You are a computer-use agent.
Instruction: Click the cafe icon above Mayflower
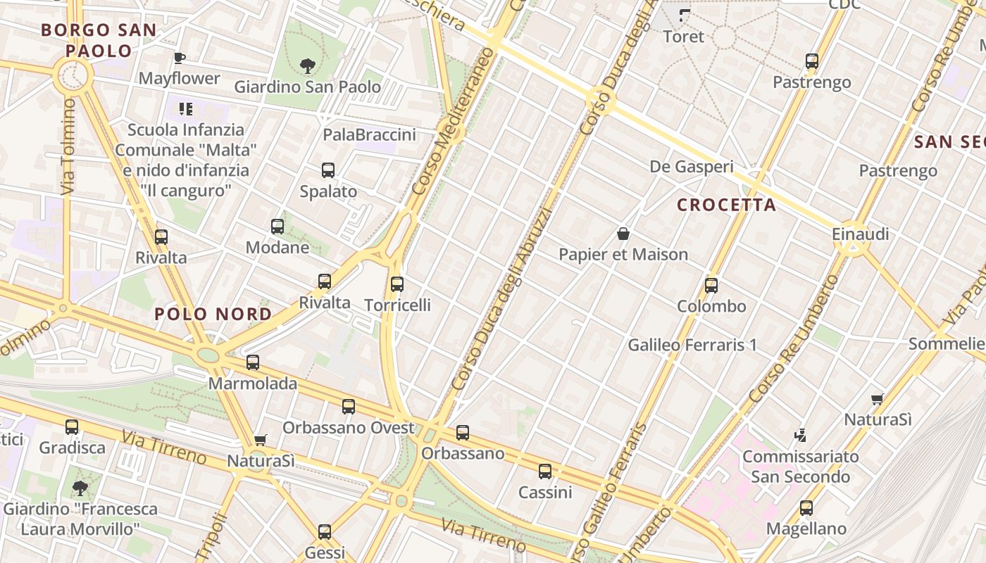pyautogui.click(x=180, y=58)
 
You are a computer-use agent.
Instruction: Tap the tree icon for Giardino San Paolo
pyautogui.click(x=307, y=67)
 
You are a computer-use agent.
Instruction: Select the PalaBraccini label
pyautogui.click(x=369, y=134)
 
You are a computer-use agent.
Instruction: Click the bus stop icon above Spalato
pyautogui.click(x=328, y=170)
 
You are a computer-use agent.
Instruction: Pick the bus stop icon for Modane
pyautogui.click(x=277, y=227)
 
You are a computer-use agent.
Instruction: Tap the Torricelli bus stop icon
pyautogui.click(x=397, y=284)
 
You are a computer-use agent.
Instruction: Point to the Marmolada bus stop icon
pyautogui.click(x=253, y=363)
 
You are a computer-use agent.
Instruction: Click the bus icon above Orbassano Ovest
pyautogui.click(x=349, y=407)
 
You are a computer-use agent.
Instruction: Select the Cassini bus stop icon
pyautogui.click(x=545, y=472)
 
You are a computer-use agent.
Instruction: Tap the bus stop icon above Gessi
pyautogui.click(x=325, y=532)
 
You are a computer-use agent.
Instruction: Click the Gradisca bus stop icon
pyautogui.click(x=72, y=427)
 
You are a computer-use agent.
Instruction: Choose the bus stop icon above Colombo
pyautogui.click(x=711, y=286)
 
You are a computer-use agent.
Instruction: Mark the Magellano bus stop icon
pyautogui.click(x=806, y=508)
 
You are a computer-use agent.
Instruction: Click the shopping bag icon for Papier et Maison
pyautogui.click(x=623, y=234)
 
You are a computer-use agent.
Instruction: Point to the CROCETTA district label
pyautogui.click(x=726, y=205)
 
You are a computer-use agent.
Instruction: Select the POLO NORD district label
pyautogui.click(x=213, y=315)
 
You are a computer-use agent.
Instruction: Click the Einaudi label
pyautogui.click(x=861, y=234)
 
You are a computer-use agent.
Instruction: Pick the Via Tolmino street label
pyautogui.click(x=68, y=146)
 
